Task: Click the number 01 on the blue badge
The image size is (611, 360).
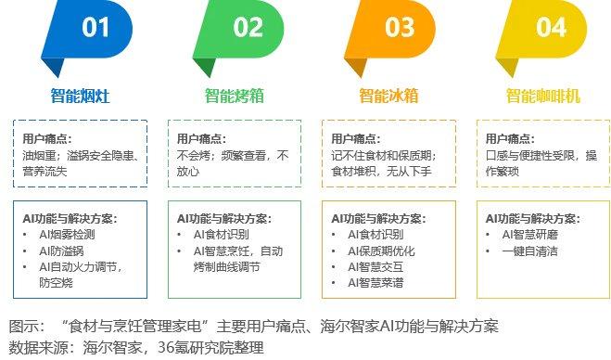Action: pyautogui.click(x=95, y=28)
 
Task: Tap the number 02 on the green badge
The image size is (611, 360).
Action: pyautogui.click(x=248, y=28)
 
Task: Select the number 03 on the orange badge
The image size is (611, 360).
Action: pyautogui.click(x=400, y=28)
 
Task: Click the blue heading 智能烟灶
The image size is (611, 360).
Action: pyautogui.click(x=81, y=95)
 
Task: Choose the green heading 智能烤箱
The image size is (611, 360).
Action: pyautogui.click(x=235, y=95)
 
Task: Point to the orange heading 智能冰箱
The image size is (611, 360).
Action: pyautogui.click(x=388, y=95)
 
